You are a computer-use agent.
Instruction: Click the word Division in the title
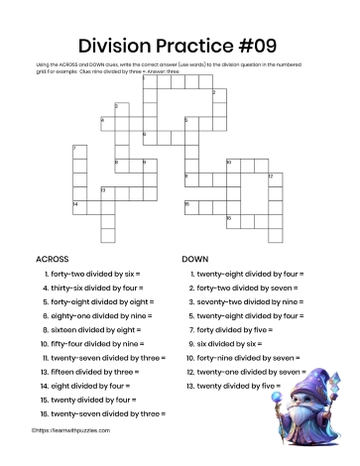tap(119, 44)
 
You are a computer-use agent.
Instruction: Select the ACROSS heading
tap(53, 258)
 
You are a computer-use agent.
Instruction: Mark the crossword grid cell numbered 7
tap(78, 152)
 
